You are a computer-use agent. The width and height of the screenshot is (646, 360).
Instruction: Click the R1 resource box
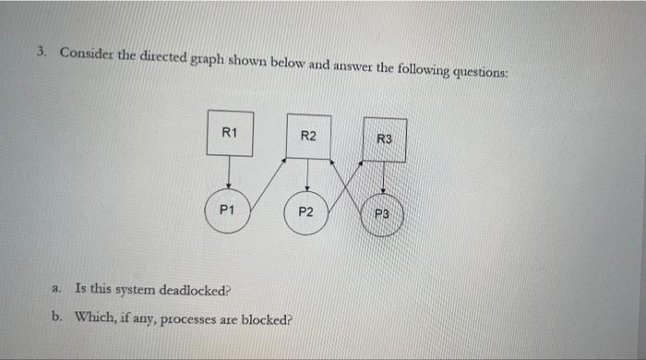click(230, 134)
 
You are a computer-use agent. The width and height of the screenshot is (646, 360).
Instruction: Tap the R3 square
click(384, 140)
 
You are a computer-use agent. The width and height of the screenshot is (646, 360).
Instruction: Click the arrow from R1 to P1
click(228, 172)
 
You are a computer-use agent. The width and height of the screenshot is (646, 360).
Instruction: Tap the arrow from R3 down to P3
click(383, 177)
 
